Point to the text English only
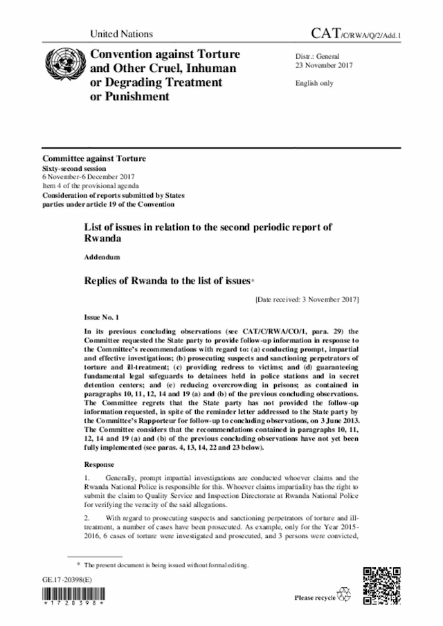315,84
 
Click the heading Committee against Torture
94,159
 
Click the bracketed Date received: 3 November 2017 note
307,300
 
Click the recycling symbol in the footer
344,595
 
